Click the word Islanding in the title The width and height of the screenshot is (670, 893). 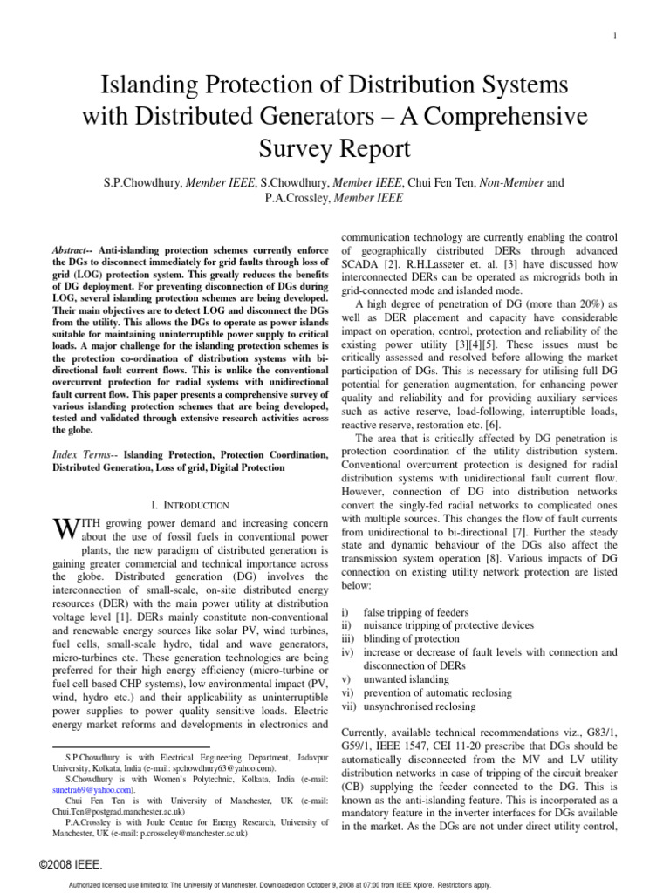click(x=148, y=85)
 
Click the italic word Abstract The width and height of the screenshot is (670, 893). click(x=76, y=250)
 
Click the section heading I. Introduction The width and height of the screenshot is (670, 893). click(x=190, y=505)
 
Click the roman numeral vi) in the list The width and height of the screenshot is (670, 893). click(x=347, y=692)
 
